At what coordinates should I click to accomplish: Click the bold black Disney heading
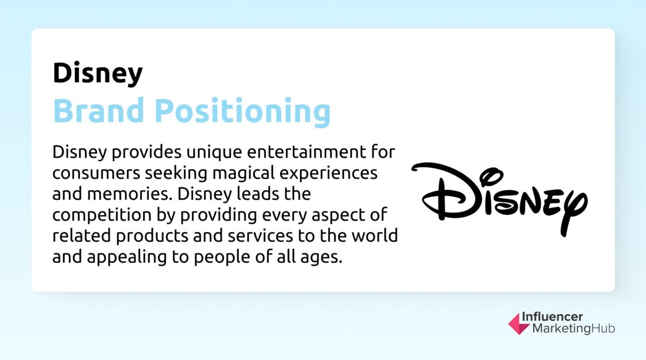97,73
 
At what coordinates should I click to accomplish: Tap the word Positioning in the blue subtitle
242,111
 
